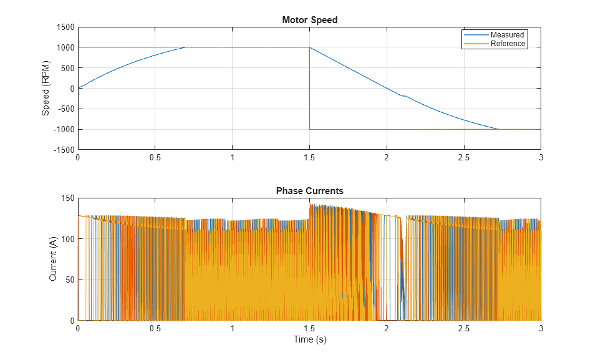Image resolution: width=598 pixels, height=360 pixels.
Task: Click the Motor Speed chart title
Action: click(309, 20)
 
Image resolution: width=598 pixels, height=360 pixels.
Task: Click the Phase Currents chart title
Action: click(309, 191)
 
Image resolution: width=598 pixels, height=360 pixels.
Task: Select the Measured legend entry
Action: click(506, 35)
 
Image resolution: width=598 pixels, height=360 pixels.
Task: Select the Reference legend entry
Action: click(508, 44)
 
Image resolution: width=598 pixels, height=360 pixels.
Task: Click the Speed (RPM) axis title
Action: click(46, 89)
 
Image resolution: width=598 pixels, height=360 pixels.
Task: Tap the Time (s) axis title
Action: click(309, 339)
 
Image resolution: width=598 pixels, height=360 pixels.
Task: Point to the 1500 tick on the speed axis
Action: click(64, 27)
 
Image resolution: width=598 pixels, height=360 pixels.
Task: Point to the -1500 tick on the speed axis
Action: click(63, 150)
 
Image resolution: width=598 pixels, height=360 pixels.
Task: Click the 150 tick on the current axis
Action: click(67, 198)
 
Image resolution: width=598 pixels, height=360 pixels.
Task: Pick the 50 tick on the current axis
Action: click(69, 280)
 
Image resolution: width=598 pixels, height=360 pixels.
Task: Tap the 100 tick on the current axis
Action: click(67, 239)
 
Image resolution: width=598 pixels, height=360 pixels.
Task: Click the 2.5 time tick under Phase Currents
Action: click(464, 328)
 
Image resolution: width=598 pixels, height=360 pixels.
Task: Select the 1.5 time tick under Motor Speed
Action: click(309, 157)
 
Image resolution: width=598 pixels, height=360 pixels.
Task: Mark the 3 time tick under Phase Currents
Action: click(541, 328)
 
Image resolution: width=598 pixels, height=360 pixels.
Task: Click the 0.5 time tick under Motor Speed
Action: click(155, 157)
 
